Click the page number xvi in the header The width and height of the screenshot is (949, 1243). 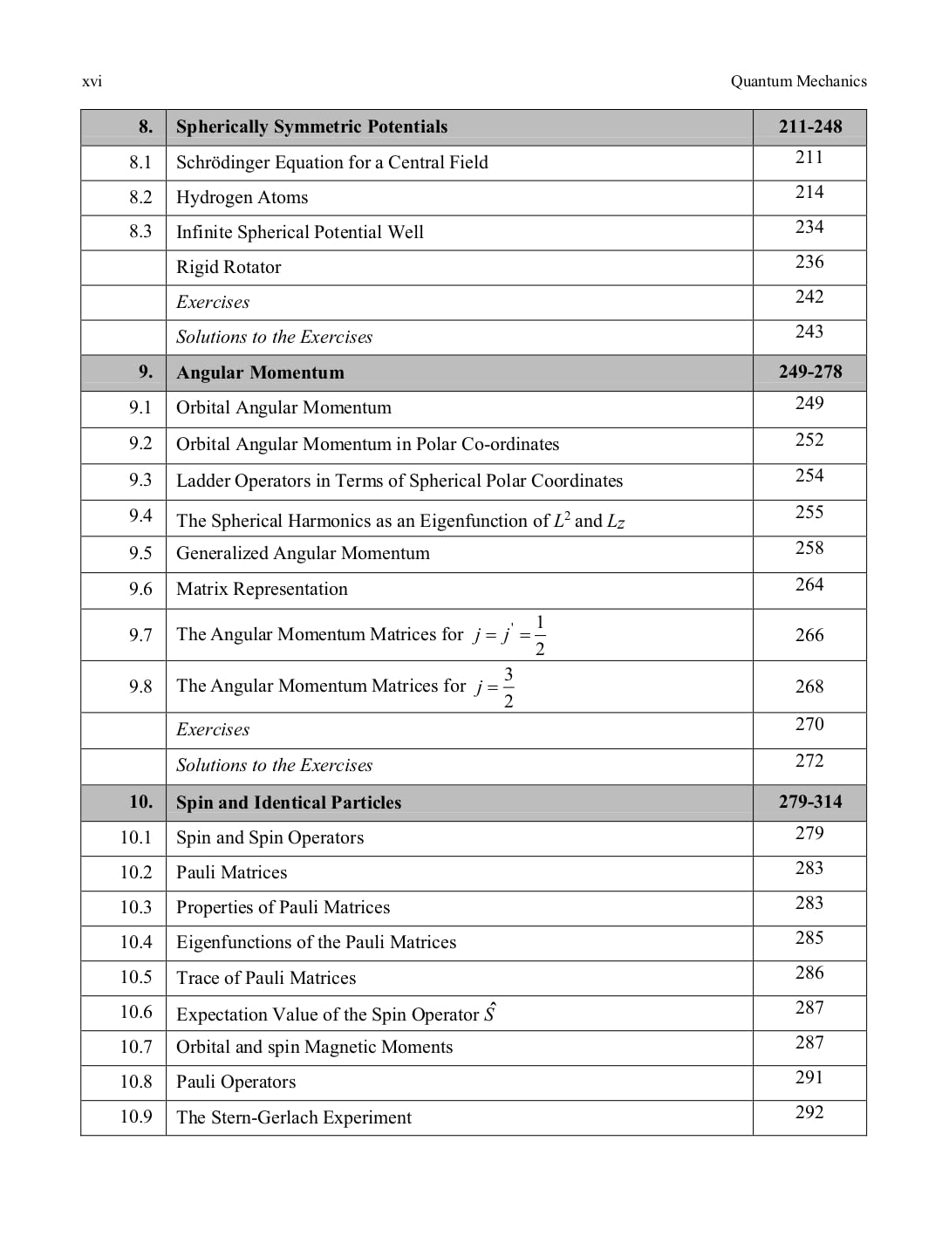click(x=92, y=82)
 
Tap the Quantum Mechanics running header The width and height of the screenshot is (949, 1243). click(x=798, y=81)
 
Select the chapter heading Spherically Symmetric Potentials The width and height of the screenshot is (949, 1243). click(x=311, y=126)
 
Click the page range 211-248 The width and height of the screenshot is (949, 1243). click(x=810, y=126)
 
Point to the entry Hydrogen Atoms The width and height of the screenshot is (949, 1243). click(x=242, y=197)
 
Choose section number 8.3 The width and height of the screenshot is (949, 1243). click(x=140, y=231)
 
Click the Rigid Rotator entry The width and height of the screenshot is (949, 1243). click(x=229, y=267)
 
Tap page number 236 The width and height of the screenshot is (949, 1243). click(x=809, y=262)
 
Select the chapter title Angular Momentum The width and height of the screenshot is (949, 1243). click(x=260, y=372)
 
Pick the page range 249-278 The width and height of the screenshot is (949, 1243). click(x=810, y=372)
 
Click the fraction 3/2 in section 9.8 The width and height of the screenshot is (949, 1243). click(x=509, y=687)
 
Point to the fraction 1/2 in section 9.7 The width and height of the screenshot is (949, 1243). click(x=540, y=635)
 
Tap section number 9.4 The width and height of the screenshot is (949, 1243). click(x=140, y=516)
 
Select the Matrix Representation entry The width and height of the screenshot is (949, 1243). click(x=262, y=589)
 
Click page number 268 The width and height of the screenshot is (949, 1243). click(x=809, y=686)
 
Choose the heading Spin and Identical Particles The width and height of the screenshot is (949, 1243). click(x=289, y=802)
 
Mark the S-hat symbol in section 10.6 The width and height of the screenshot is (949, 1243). click(x=490, y=1013)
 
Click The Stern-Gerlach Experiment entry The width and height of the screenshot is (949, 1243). click(x=294, y=1117)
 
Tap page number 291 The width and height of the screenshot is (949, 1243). click(x=809, y=1077)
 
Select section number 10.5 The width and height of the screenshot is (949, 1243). click(x=135, y=977)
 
